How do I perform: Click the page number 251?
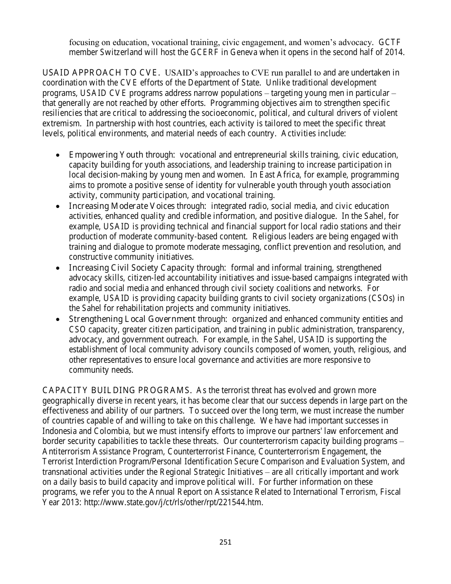click(x=225, y=542)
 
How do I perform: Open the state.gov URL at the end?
click(x=173, y=502)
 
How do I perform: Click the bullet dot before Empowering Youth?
click(x=58, y=155)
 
